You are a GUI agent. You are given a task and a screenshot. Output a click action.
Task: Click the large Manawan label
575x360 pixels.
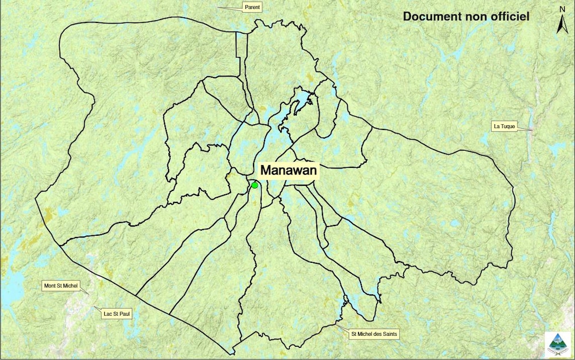tap(289, 170)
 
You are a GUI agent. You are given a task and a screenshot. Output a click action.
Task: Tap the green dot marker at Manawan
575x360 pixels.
tap(255, 185)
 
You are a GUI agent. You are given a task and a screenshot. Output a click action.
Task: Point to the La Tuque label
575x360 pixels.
tap(504, 126)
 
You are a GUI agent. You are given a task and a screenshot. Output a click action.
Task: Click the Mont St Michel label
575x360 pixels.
tap(61, 285)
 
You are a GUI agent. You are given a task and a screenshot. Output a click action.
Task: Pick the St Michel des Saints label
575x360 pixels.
tap(374, 334)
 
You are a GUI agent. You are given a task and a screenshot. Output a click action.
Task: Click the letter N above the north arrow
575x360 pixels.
tap(562, 9)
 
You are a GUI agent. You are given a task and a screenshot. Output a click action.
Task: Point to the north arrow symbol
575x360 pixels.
tap(562, 25)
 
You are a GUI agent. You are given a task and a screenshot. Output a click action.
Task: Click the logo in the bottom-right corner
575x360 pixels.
tap(557, 344)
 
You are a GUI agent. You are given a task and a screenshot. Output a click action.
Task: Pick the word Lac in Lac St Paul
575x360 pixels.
tap(108, 314)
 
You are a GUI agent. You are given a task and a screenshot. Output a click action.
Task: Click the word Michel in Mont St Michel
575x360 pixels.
tap(70, 285)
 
